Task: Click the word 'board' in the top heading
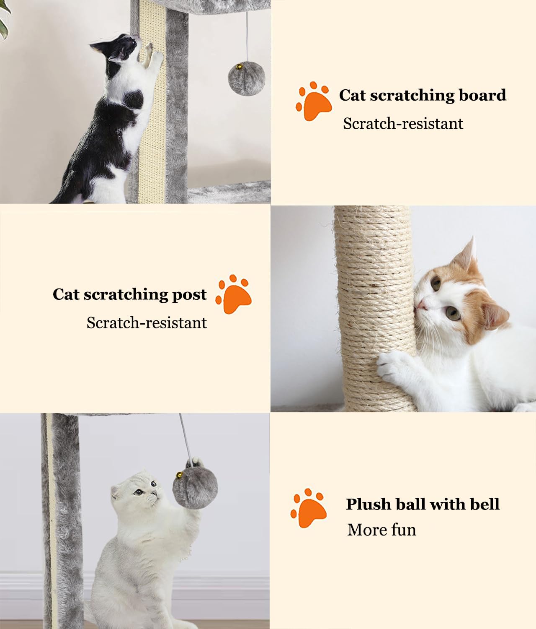pyautogui.click(x=482, y=95)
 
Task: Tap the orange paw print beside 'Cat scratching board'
pyautogui.click(x=314, y=101)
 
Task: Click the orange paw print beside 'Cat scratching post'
pyautogui.click(x=233, y=294)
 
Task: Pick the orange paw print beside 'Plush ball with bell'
pyautogui.click(x=309, y=508)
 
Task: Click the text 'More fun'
pyautogui.click(x=381, y=530)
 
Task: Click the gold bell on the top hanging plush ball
pyautogui.click(x=240, y=65)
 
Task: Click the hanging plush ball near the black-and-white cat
pyautogui.click(x=246, y=78)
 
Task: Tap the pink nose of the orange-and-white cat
pyautogui.click(x=421, y=304)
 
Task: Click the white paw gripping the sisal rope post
pyautogui.click(x=392, y=364)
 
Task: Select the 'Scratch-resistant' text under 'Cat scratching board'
pyautogui.click(x=403, y=124)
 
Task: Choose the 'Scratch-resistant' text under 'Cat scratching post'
pyautogui.click(x=147, y=323)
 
